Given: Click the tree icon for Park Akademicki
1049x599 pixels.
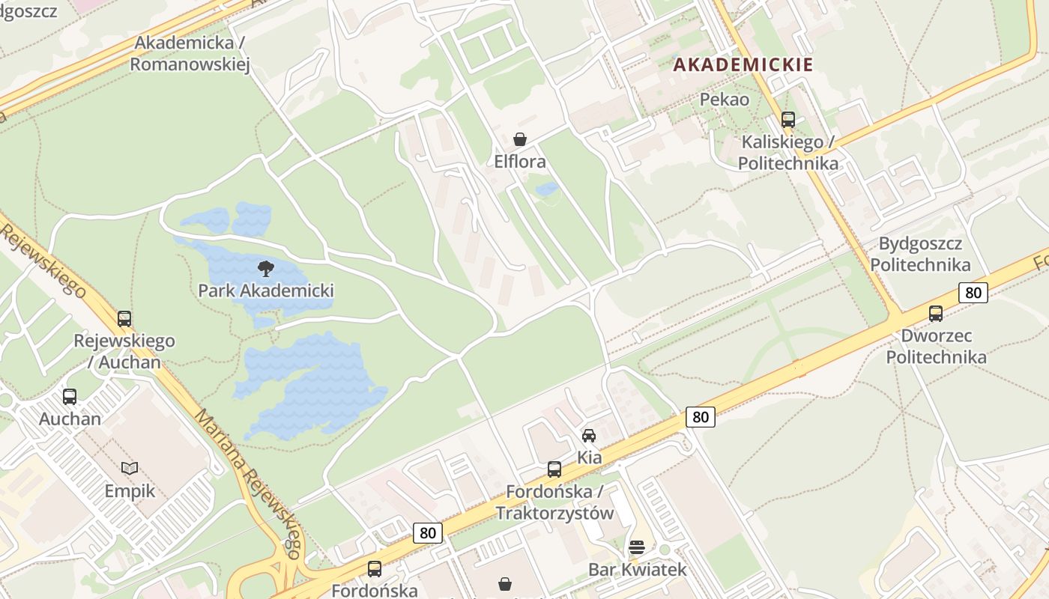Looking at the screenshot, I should (265, 268).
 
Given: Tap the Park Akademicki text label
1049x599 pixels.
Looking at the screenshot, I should (265, 291).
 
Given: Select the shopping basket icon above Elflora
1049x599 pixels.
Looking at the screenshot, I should (520, 139).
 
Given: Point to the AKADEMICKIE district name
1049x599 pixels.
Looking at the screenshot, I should (743, 64).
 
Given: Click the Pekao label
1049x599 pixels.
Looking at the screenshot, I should (724, 99).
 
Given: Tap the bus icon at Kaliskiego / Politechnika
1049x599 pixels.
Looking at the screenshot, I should (787, 120).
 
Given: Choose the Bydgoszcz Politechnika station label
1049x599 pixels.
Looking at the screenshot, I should (920, 254).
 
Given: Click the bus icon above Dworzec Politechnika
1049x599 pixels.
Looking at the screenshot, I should (936, 314).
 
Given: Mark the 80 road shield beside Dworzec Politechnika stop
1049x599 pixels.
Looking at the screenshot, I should (973, 293).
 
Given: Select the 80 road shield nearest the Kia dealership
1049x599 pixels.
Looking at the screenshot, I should (700, 417).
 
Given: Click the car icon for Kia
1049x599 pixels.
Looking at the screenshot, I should (589, 436).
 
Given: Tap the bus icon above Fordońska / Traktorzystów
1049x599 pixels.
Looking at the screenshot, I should (554, 469).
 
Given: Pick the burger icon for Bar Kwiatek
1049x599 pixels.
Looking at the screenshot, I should (637, 547).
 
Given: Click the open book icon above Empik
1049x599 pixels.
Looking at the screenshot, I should (130, 469).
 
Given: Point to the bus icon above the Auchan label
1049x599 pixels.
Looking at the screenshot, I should (70, 397).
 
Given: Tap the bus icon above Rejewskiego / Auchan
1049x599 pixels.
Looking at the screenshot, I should (124, 319).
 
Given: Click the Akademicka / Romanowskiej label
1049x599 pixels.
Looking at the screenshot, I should (190, 53).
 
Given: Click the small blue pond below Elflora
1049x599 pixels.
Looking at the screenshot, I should (547, 189).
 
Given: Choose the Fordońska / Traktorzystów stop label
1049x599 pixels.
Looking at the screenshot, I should (554, 502).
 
